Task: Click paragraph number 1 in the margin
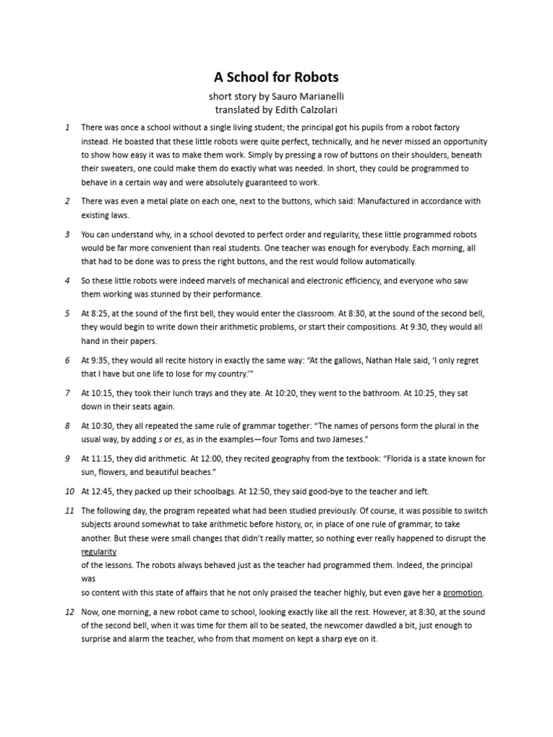pyautogui.click(x=67, y=127)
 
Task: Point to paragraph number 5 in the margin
pyautogui.click(x=67, y=314)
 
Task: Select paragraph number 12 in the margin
pyautogui.click(x=69, y=612)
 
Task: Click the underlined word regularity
pyautogui.click(x=99, y=552)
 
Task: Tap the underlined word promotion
pyautogui.click(x=463, y=593)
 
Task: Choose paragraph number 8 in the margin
pyautogui.click(x=67, y=426)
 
